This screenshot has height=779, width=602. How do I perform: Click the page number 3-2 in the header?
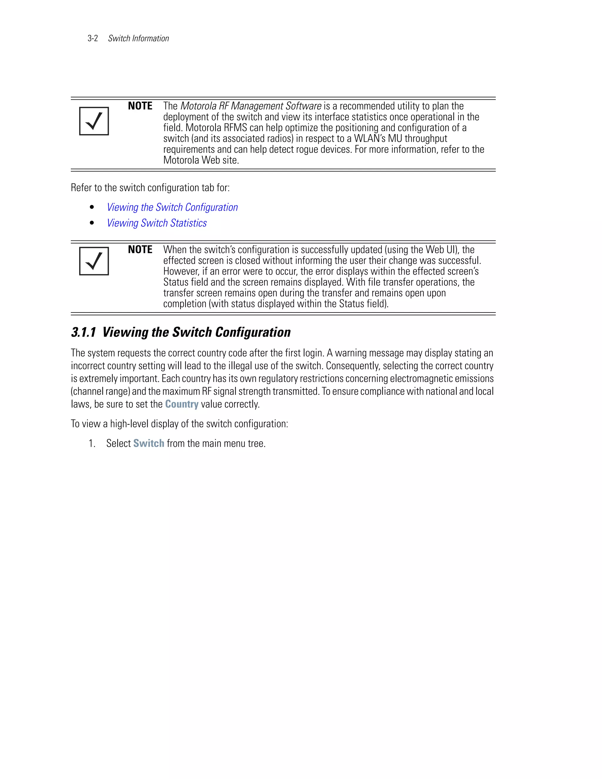click(93, 39)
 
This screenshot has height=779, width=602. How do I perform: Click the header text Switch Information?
click(138, 39)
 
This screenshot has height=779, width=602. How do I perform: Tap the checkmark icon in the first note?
click(94, 121)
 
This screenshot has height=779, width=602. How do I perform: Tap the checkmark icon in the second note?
click(94, 261)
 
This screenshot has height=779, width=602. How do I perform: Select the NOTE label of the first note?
click(140, 106)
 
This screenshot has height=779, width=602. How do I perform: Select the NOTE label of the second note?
click(140, 249)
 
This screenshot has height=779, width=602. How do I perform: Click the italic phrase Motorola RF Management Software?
click(251, 106)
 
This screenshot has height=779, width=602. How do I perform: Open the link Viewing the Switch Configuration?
click(172, 207)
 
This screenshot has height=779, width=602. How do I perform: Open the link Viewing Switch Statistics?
click(157, 223)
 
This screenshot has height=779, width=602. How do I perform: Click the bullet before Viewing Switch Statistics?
click(92, 223)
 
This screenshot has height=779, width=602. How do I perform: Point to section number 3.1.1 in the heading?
click(83, 332)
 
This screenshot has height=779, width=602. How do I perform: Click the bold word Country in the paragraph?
click(182, 404)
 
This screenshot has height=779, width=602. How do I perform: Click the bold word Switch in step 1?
click(149, 443)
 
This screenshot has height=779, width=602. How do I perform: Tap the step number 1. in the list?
click(92, 443)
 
